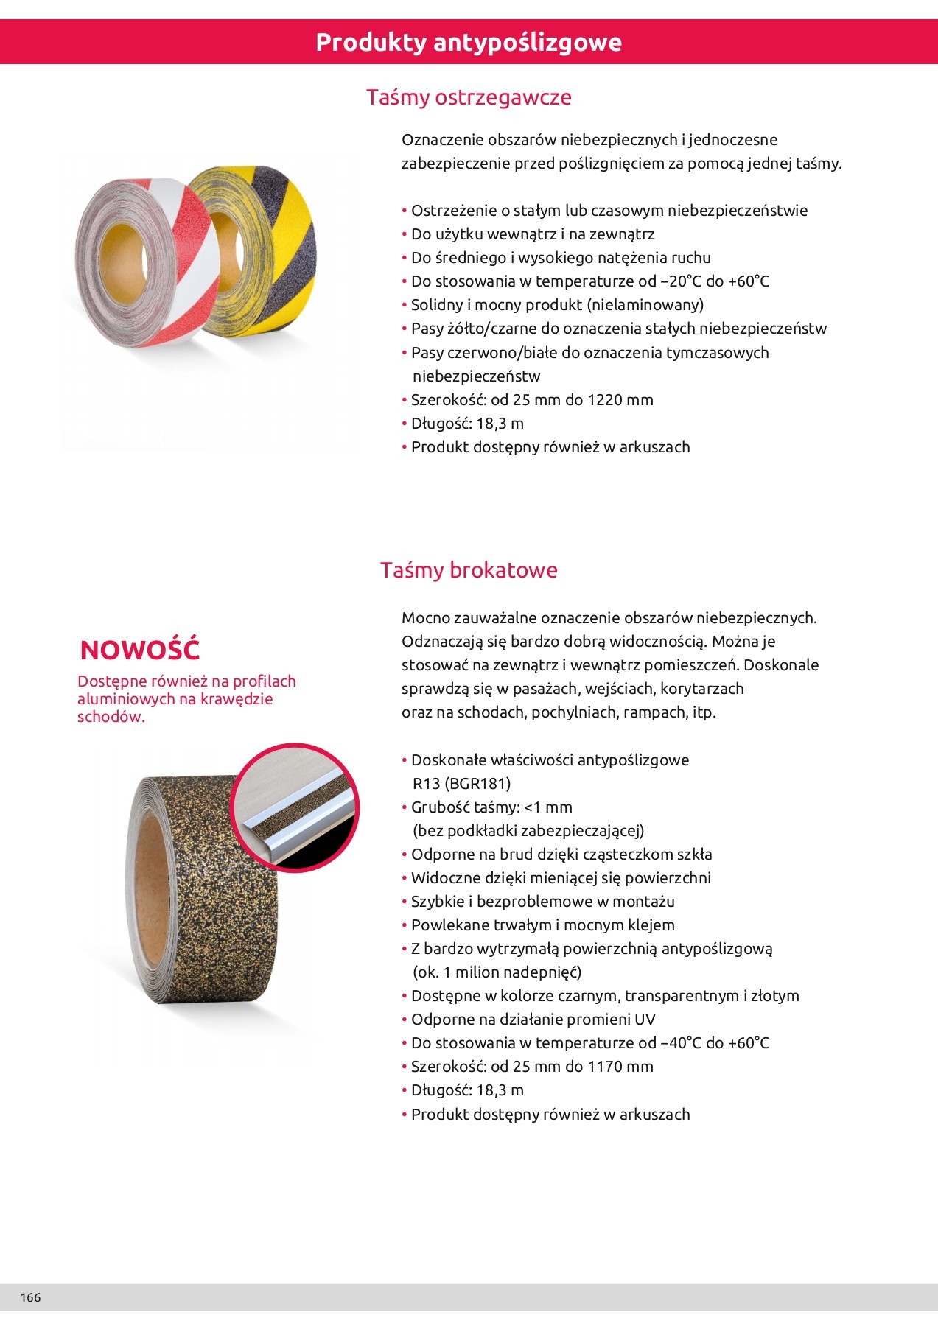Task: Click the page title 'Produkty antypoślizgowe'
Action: point(469,43)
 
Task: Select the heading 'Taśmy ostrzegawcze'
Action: point(469,97)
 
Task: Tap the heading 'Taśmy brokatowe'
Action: point(469,570)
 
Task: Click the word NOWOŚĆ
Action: point(140,650)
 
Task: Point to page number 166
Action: point(31,1297)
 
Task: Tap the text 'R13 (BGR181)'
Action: point(461,784)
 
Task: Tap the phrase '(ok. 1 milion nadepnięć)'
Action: point(497,972)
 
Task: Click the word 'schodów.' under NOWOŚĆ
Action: point(111,717)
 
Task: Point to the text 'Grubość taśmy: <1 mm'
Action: point(491,807)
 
